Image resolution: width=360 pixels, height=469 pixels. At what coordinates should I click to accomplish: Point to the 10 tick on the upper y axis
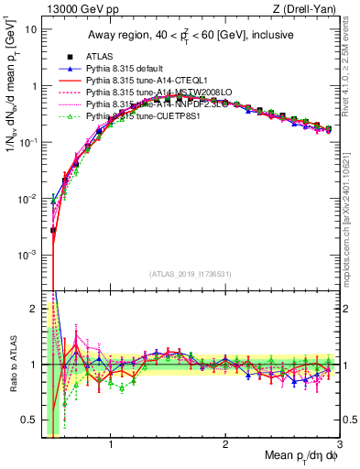tap(30, 28)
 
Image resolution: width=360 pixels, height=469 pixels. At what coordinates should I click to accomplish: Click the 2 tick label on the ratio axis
tap(34, 308)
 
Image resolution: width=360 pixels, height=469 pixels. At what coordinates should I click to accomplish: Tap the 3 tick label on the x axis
tap(338, 444)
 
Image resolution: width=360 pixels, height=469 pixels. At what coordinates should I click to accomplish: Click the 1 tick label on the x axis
tap(111, 444)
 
